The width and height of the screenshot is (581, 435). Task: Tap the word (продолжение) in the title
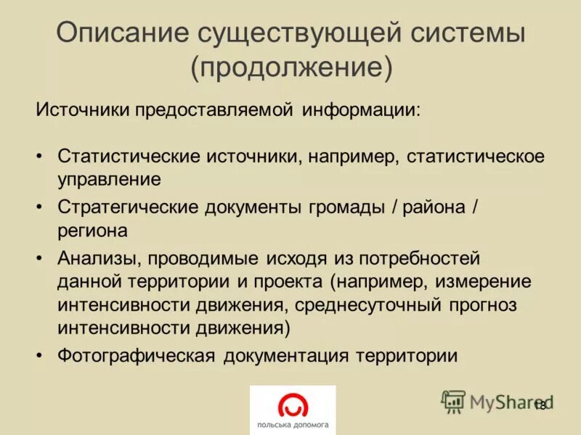[292, 69]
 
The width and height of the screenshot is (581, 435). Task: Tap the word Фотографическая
[137, 356]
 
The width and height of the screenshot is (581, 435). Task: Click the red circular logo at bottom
[292, 403]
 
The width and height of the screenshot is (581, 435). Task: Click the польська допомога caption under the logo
[293, 424]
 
